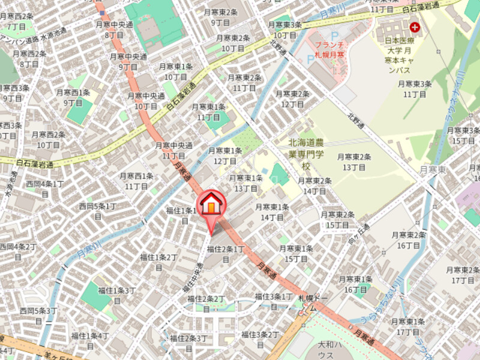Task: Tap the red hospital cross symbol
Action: [x=415, y=27]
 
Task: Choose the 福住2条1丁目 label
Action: [x=226, y=253]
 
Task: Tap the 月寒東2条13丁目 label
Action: [x=354, y=161]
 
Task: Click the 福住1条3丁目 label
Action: [x=118, y=295]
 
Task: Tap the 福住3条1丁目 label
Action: [x=274, y=301]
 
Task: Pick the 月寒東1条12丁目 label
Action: [x=225, y=155]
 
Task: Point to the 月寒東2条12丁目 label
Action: [x=292, y=98]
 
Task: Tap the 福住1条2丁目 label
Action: [x=158, y=262]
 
